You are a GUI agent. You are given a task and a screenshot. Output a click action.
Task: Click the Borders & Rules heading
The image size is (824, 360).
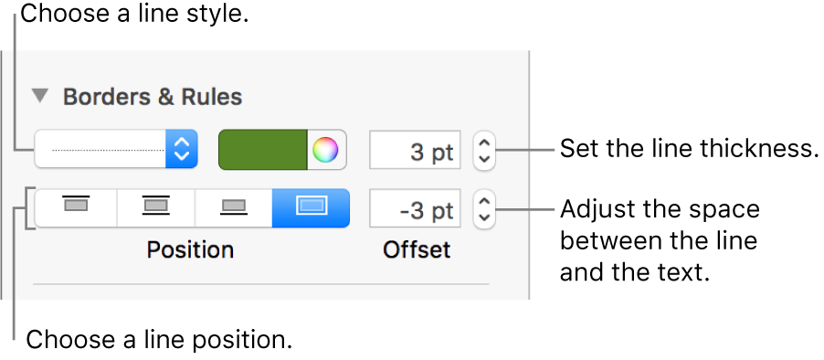pos(153,96)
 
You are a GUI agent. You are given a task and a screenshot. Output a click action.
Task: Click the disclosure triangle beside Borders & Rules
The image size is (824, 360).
pos(40,95)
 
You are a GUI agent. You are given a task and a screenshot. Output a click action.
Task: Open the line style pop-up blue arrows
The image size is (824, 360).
pos(182,149)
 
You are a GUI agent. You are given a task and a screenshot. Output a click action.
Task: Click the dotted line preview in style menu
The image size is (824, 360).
pos(100,149)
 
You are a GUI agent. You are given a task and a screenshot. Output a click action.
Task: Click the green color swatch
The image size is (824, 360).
pos(263,149)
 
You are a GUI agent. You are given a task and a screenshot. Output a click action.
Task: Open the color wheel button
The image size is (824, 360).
pos(325,150)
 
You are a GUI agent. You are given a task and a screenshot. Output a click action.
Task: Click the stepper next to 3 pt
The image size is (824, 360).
pos(484,151)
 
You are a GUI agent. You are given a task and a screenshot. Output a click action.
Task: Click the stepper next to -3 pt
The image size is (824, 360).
pos(484,209)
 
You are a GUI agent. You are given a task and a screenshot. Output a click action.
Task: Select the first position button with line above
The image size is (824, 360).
pos(76,207)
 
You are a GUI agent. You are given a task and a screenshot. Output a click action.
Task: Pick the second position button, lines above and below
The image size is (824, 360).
pos(156,207)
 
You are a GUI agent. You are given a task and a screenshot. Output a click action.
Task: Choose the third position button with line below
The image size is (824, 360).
pos(234,207)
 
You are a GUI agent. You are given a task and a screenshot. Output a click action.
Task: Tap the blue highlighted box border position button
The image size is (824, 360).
pos(311,207)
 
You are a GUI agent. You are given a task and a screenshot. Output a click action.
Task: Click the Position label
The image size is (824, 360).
pos(191,249)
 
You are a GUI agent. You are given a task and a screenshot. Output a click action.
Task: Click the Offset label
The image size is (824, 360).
pos(416,249)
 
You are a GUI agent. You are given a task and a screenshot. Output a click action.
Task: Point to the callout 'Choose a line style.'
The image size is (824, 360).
pos(138,16)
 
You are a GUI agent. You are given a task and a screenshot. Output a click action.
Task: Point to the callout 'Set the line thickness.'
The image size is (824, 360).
pos(689,149)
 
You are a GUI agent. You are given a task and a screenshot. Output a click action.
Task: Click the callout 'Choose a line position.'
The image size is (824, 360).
pos(159,341)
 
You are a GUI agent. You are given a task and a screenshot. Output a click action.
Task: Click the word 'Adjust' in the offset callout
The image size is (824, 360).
pos(598,209)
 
